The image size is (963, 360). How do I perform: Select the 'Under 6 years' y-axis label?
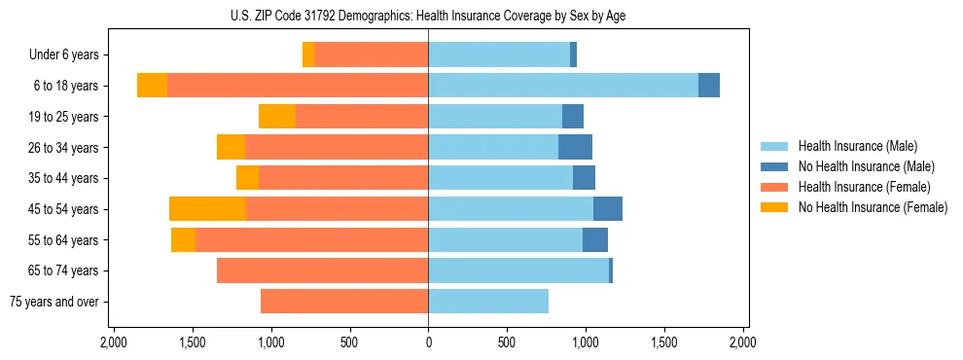64,54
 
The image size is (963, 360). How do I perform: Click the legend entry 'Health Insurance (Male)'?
857,146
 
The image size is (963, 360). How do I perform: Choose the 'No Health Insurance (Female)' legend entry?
873,207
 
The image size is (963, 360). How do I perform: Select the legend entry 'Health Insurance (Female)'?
864,187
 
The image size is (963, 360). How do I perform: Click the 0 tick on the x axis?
428,343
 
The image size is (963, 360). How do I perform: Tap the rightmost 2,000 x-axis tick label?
742,343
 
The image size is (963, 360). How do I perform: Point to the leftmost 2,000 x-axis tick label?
114,343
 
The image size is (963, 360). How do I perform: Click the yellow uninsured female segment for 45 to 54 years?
207,209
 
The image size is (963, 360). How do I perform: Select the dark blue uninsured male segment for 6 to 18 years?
709,86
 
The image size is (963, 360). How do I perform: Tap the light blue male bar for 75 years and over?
488,302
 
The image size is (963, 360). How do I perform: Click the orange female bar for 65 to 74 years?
322,270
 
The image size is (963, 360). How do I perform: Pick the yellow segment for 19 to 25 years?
277,117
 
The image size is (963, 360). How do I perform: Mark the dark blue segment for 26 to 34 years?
575,147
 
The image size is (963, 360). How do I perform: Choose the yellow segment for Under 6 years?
308,54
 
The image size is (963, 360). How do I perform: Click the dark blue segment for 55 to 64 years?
595,239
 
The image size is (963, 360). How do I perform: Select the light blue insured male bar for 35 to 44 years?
500,178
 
